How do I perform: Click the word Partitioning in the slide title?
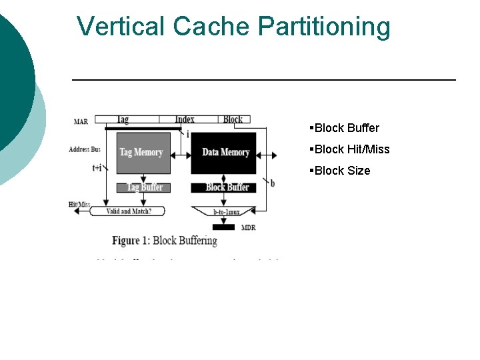click(324, 27)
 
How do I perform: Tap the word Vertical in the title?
click(121, 27)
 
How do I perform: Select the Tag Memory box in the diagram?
click(142, 153)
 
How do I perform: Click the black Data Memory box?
click(225, 153)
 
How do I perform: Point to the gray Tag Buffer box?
click(144, 187)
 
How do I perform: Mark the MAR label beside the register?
click(81, 121)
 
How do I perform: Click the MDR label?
click(249, 227)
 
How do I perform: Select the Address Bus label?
click(84, 149)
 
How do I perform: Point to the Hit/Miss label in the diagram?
click(79, 204)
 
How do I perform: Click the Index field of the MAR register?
click(185, 119)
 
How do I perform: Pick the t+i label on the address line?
click(97, 168)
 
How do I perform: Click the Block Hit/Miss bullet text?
click(351, 149)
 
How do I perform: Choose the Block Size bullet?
click(341, 171)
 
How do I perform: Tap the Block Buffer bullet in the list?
click(346, 128)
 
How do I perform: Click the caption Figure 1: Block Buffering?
click(164, 241)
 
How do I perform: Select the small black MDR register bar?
click(223, 227)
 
